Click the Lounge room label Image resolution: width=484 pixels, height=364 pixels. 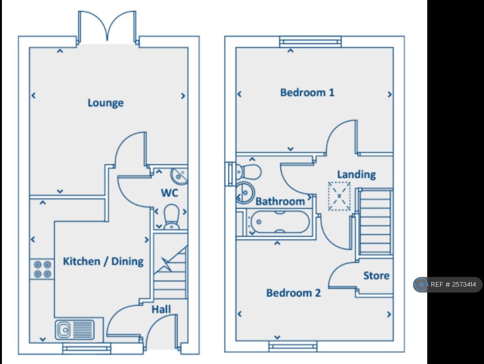pyautogui.click(x=106, y=103)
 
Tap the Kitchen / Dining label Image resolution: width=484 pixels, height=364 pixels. pyautogui.click(x=103, y=261)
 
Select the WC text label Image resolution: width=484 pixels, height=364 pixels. pyautogui.click(x=169, y=193)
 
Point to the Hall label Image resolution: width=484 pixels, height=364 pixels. pyautogui.click(x=161, y=309)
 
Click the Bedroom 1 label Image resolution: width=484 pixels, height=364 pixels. pyautogui.click(x=307, y=93)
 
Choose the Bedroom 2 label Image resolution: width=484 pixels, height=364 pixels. pyautogui.click(x=293, y=293)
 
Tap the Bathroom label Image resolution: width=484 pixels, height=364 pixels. pyautogui.click(x=280, y=201)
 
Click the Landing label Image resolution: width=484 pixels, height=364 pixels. pyautogui.click(x=356, y=174)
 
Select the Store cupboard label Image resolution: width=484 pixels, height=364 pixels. pyautogui.click(x=376, y=276)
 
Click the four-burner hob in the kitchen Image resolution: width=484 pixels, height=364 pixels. pyautogui.click(x=42, y=269)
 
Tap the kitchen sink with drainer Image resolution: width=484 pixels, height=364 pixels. pyautogui.click(x=75, y=329)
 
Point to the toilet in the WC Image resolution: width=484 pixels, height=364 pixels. pyautogui.click(x=171, y=217)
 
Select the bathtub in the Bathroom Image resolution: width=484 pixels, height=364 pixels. pyautogui.click(x=280, y=222)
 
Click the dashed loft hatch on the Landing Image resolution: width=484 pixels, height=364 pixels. pyautogui.click(x=339, y=196)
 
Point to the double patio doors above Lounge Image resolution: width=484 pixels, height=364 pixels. pyautogui.click(x=107, y=27)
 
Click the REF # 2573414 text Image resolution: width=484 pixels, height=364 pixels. pyautogui.click(x=453, y=284)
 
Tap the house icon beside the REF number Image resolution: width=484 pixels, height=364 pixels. pyautogui.click(x=421, y=284)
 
